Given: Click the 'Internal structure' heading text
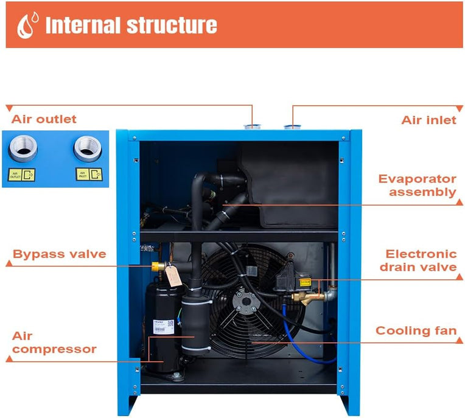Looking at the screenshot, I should pyautogui.click(x=131, y=25).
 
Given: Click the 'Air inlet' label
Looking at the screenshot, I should pyautogui.click(x=428, y=120).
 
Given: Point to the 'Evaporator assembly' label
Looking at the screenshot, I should pyautogui.click(x=417, y=186).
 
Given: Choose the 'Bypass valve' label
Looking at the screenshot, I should pyautogui.click(x=60, y=254).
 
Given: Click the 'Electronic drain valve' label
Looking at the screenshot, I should pyautogui.click(x=420, y=260).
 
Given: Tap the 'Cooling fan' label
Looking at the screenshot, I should pyautogui.click(x=416, y=331).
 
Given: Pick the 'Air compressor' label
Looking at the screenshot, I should pyautogui.click(x=54, y=343).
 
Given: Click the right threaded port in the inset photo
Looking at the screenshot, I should pyautogui.click(x=85, y=147).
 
